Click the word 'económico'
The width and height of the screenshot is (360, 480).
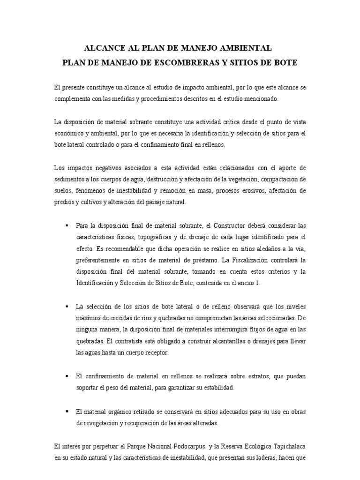point(69,134)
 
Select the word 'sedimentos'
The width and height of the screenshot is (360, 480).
point(69,180)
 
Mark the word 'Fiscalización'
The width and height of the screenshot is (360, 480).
point(268,260)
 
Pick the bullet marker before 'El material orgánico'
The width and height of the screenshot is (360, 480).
point(67,411)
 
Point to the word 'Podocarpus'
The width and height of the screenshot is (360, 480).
point(180,446)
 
